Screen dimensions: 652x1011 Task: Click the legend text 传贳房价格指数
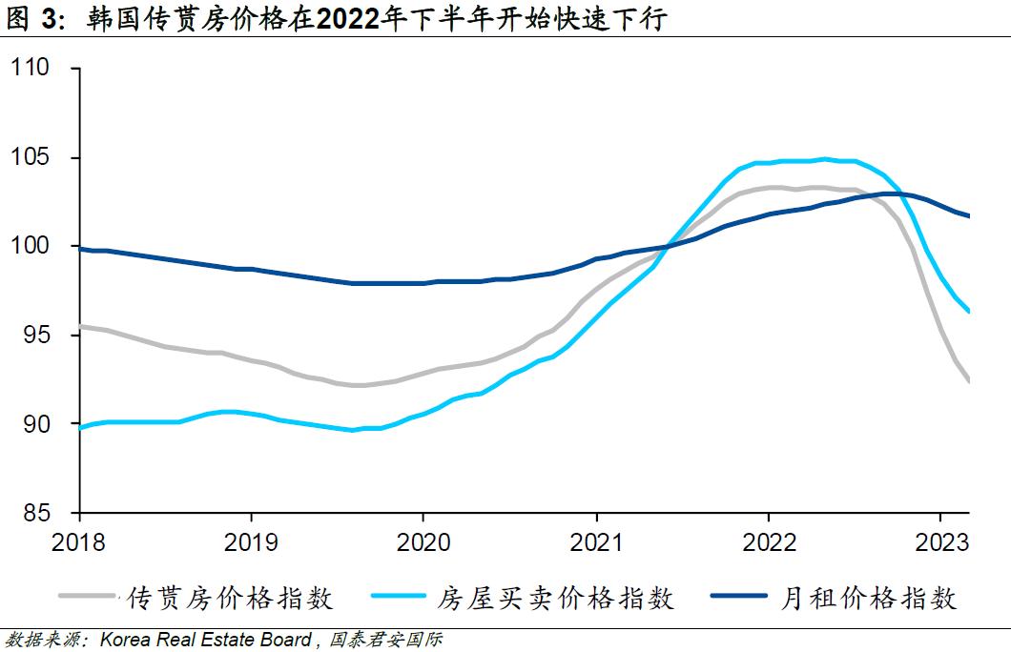click(230, 598)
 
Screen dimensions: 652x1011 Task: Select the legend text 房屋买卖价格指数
click(556, 598)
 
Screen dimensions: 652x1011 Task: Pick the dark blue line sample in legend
click(740, 597)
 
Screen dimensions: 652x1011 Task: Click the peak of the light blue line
click(825, 159)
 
